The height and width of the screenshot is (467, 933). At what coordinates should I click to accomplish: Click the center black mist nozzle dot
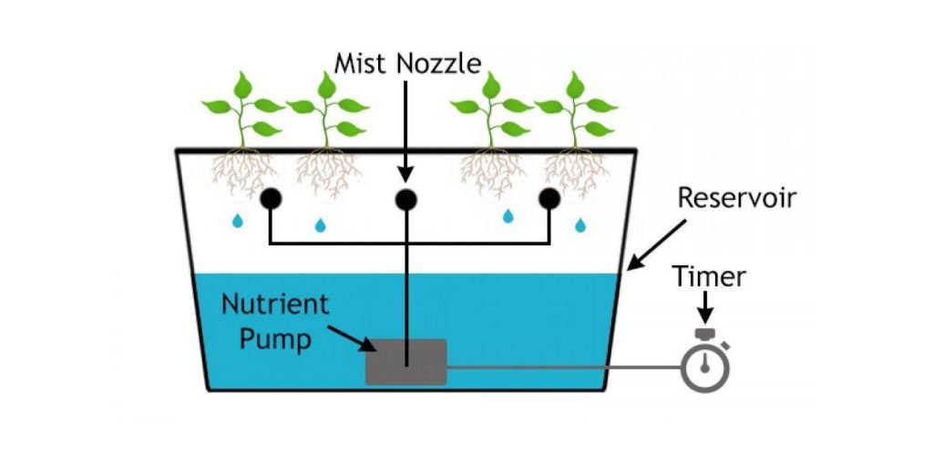[x=405, y=199]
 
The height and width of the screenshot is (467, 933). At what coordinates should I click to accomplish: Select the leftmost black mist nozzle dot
[x=270, y=199]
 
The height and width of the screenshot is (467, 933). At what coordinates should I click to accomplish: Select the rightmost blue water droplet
[x=580, y=223]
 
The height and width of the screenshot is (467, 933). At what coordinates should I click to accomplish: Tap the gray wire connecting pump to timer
[x=565, y=369]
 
